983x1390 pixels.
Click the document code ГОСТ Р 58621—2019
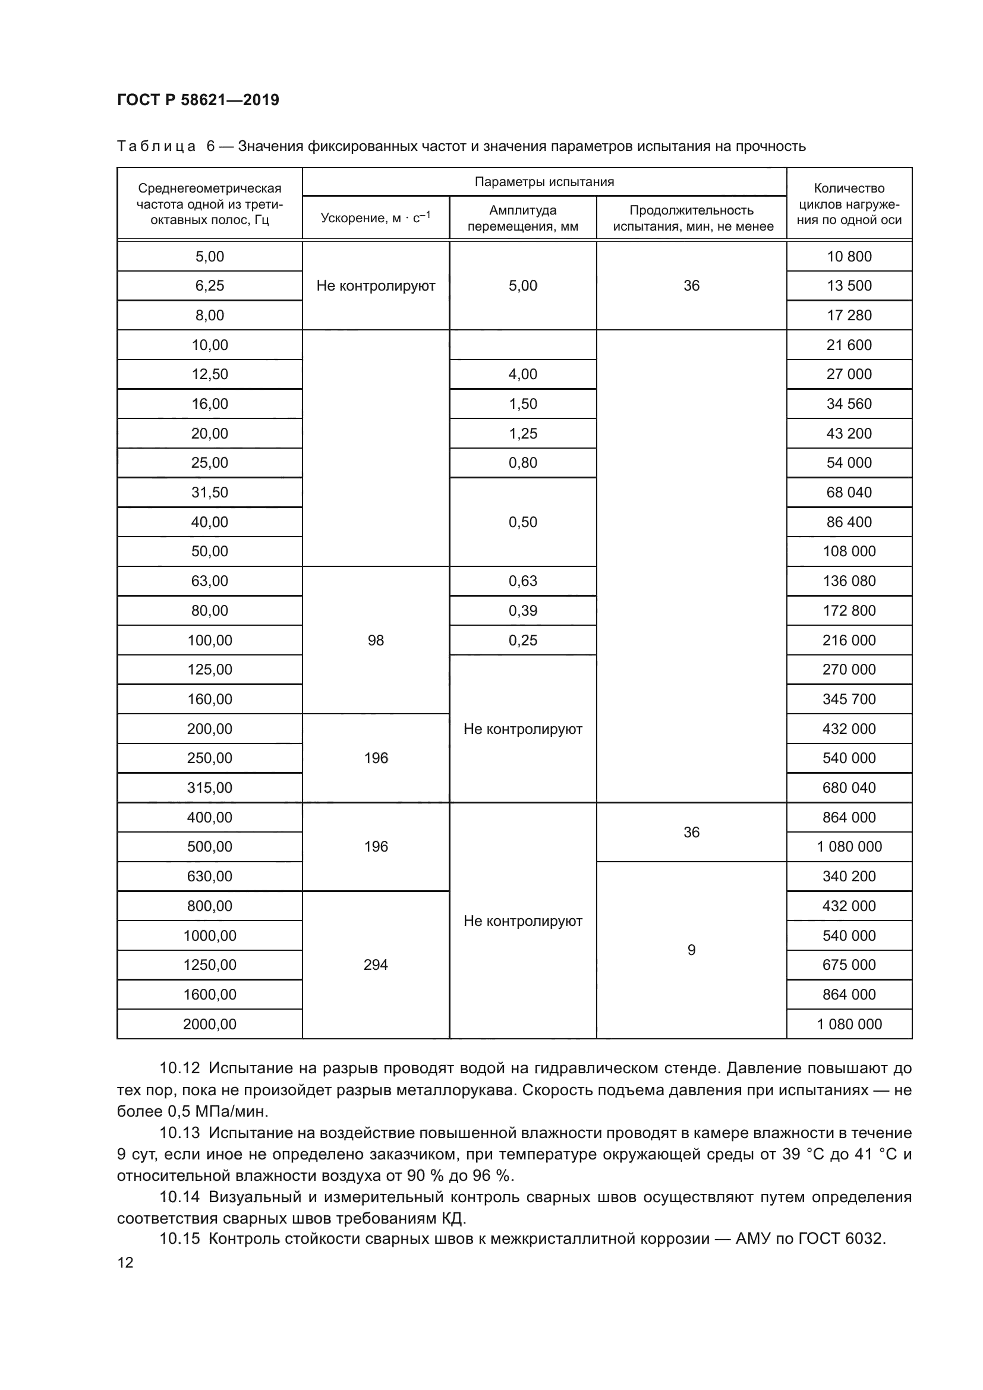pyautogui.click(x=198, y=100)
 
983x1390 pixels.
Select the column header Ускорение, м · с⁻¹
pyautogui.click(x=375, y=218)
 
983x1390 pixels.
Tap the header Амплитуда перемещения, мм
pyautogui.click(x=522, y=218)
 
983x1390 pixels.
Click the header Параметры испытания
pyautogui.click(x=544, y=182)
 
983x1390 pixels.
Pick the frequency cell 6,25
pyautogui.click(x=209, y=286)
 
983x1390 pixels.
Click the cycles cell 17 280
pyautogui.click(x=849, y=316)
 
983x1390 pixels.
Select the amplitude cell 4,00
pyautogui.click(x=522, y=374)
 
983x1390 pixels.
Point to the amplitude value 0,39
pyautogui.click(x=522, y=610)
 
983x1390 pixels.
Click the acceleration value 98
pyautogui.click(x=375, y=640)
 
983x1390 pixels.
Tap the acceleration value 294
pyautogui.click(x=375, y=965)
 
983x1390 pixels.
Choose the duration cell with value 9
pyautogui.click(x=691, y=950)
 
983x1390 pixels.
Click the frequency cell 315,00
pyautogui.click(x=209, y=787)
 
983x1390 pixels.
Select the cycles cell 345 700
pyautogui.click(x=849, y=699)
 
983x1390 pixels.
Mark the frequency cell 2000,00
pyautogui.click(x=209, y=1025)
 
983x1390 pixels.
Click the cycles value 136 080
pyautogui.click(x=849, y=581)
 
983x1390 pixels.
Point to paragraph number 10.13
pyautogui.click(x=179, y=1133)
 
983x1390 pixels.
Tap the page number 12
pyautogui.click(x=125, y=1263)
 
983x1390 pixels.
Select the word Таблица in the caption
pyautogui.click(x=156, y=147)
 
